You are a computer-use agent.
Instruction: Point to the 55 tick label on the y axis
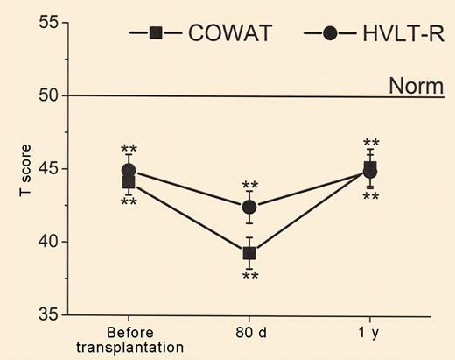(x=37, y=23)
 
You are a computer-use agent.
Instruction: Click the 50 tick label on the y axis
(x=37, y=95)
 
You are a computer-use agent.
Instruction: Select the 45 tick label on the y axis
(x=37, y=168)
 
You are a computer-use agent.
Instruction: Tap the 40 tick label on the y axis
(x=37, y=241)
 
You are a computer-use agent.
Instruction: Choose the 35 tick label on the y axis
(x=37, y=314)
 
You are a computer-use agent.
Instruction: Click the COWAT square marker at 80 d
(x=249, y=253)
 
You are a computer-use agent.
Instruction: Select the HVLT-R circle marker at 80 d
(x=249, y=208)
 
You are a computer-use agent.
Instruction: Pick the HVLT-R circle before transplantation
(x=129, y=171)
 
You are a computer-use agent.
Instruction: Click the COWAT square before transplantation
(x=129, y=182)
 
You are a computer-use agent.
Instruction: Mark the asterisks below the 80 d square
(x=250, y=276)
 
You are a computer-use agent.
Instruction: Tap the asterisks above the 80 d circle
(x=250, y=185)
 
